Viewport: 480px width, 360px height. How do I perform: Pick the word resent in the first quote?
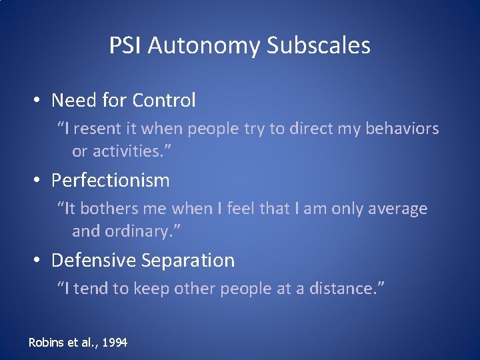pos(93,129)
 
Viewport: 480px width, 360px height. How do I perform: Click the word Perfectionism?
pos(111,181)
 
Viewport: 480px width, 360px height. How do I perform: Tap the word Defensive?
pos(93,260)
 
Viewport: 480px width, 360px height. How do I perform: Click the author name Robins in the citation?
pos(45,342)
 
